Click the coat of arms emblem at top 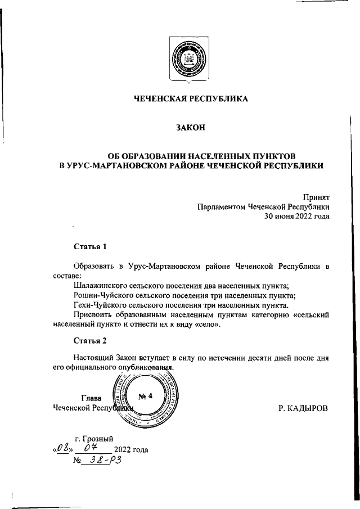(x=190, y=61)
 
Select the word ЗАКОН (x=190, y=128)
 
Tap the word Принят (x=316, y=197)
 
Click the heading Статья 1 (x=89, y=246)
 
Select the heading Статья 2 (x=89, y=340)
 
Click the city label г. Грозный (x=94, y=438)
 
